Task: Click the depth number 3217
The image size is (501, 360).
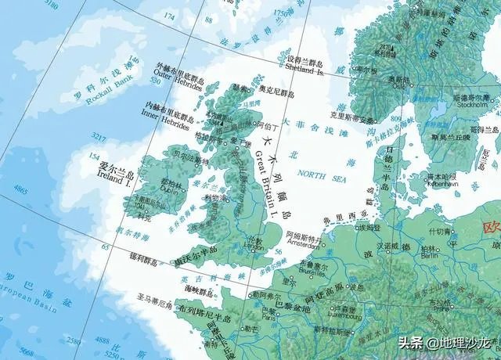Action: click(99, 136)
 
